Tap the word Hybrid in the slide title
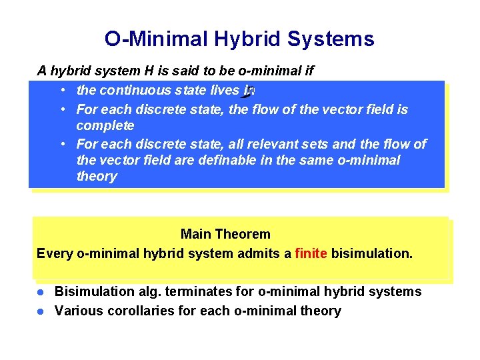(x=246, y=39)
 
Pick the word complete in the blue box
(x=105, y=125)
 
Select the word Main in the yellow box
(x=195, y=234)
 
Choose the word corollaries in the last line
(x=136, y=311)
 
